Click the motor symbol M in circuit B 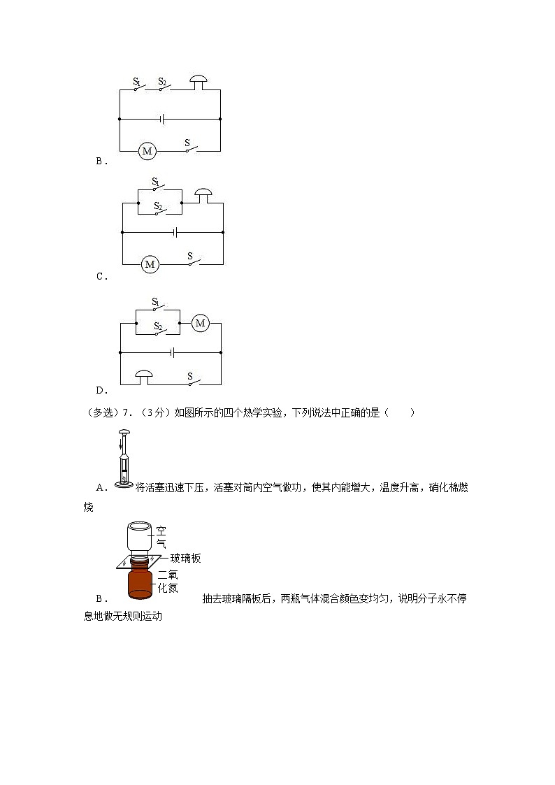[x=147, y=150]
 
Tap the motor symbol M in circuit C [x=149, y=264]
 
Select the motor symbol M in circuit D [x=201, y=323]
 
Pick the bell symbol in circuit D [x=145, y=378]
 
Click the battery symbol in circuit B [x=162, y=120]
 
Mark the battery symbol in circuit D [x=171, y=352]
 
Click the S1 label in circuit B [x=137, y=82]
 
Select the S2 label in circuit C [x=158, y=207]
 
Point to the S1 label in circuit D [x=157, y=302]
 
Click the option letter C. [x=101, y=276]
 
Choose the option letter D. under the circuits [x=101, y=390]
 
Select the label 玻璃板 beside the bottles [x=185, y=558]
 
